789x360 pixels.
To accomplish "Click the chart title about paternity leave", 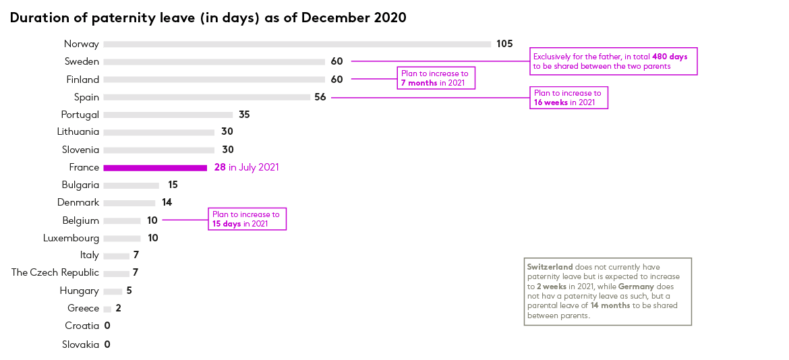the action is (x=208, y=18).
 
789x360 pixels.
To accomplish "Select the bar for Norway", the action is (x=297, y=44).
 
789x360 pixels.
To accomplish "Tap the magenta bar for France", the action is (x=155, y=167).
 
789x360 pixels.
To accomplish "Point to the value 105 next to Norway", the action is (x=504, y=44).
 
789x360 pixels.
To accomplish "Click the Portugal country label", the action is (x=80, y=115).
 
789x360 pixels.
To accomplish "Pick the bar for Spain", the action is (x=207, y=97).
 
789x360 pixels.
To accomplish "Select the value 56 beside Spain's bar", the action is (x=320, y=97).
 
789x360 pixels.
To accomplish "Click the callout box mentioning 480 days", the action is (x=614, y=61).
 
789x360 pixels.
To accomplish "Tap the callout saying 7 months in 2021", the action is (x=436, y=78).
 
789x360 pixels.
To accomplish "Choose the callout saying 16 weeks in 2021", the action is (x=568, y=98).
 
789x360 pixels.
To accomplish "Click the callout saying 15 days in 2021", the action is (x=247, y=219).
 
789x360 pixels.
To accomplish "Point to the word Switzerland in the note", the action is (x=550, y=267).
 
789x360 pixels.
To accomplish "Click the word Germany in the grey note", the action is (x=636, y=287).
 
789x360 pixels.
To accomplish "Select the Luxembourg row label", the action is (x=71, y=239).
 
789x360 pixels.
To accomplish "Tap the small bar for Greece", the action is (x=107, y=309).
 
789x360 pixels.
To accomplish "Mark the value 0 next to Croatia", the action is (x=107, y=326).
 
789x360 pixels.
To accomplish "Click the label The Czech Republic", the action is (x=55, y=272).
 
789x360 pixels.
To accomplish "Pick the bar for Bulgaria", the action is (x=131, y=185).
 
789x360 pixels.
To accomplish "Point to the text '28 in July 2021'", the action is (x=247, y=167).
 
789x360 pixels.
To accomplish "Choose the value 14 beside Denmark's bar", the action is (x=167, y=202).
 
